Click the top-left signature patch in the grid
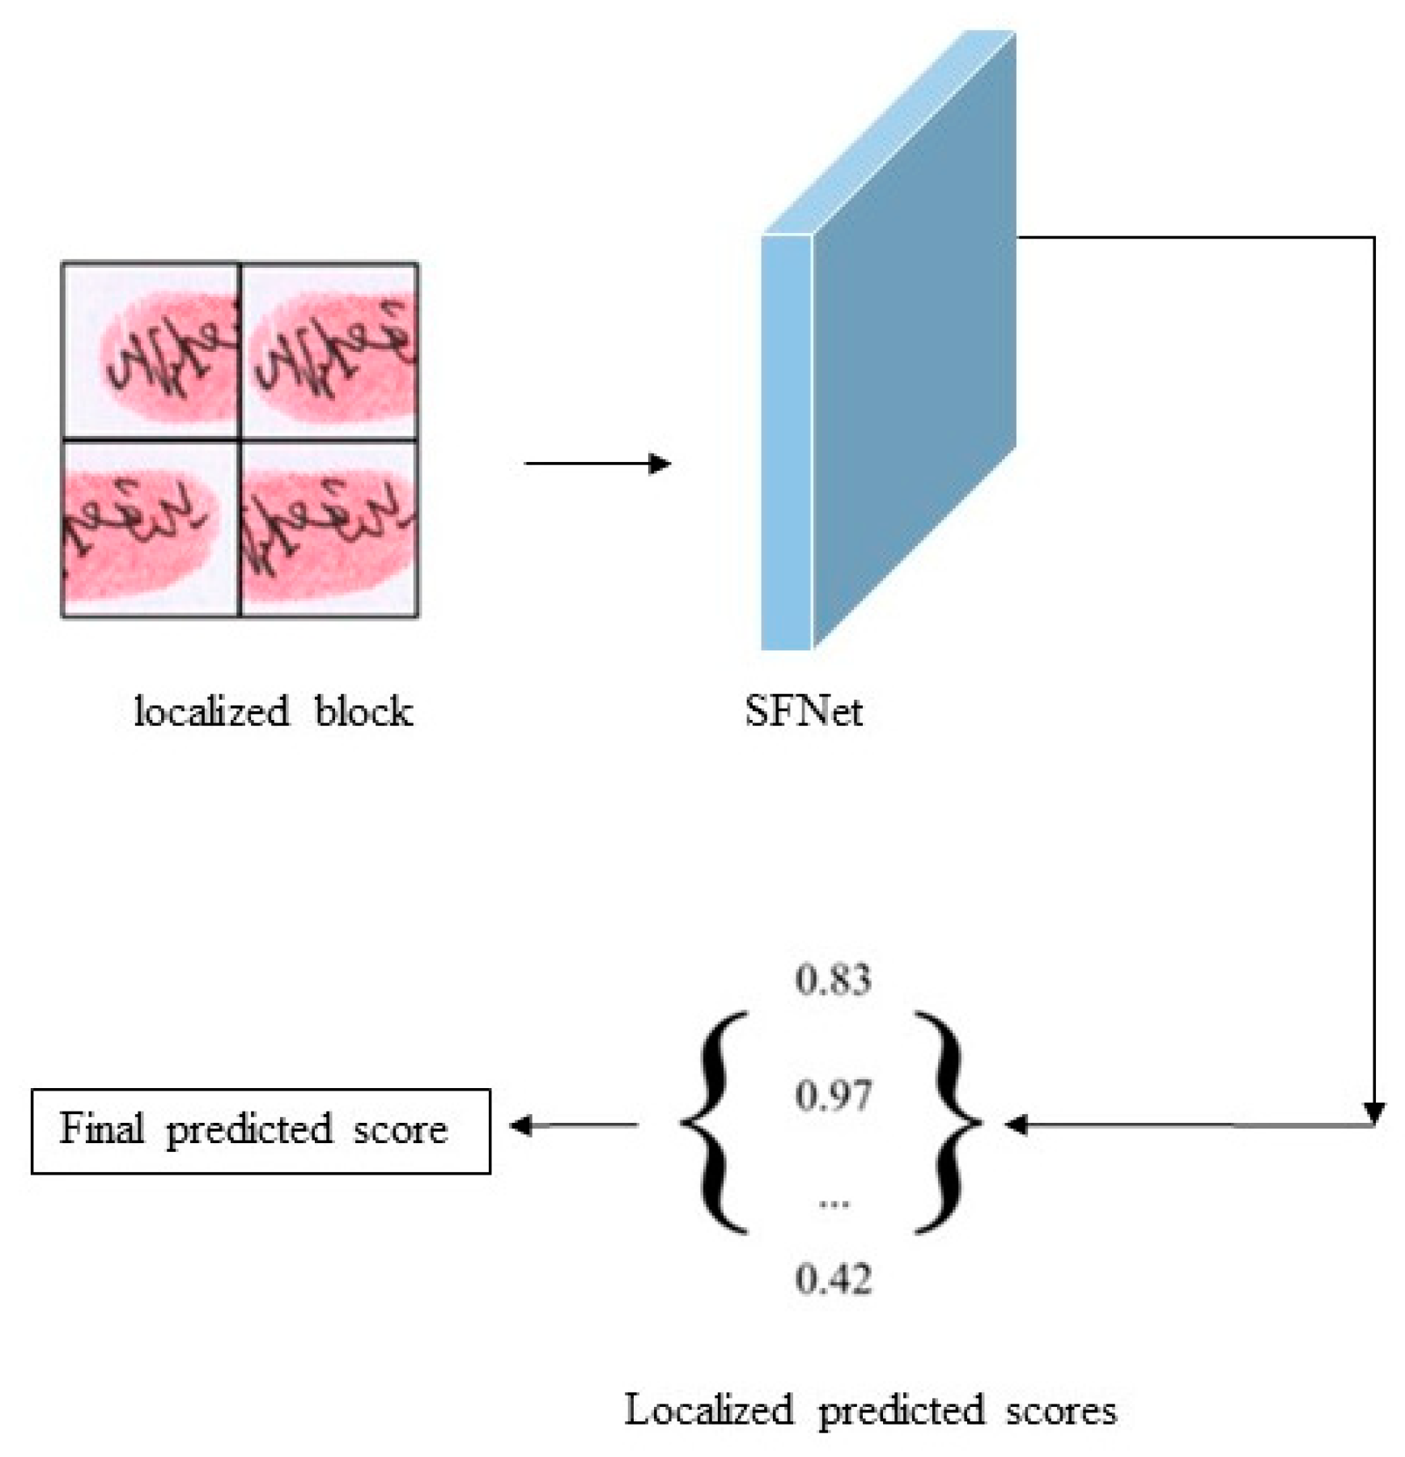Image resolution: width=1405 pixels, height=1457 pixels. [x=151, y=352]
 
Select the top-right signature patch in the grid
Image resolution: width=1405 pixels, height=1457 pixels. [x=329, y=352]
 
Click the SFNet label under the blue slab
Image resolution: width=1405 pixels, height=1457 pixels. [x=803, y=712]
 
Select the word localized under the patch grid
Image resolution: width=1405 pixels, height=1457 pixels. [x=211, y=712]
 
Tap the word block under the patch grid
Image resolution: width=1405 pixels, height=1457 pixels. [x=363, y=712]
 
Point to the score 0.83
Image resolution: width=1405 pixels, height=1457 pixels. [x=833, y=980]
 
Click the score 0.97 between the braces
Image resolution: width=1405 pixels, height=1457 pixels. [x=833, y=1096]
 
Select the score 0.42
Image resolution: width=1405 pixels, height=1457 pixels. [x=833, y=1280]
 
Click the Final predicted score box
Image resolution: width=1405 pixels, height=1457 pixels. [x=261, y=1130]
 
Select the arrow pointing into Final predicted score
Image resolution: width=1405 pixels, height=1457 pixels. [x=575, y=1125]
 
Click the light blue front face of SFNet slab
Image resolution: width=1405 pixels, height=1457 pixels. [x=787, y=442]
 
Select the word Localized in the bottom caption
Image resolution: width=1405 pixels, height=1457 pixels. [x=708, y=1410]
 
